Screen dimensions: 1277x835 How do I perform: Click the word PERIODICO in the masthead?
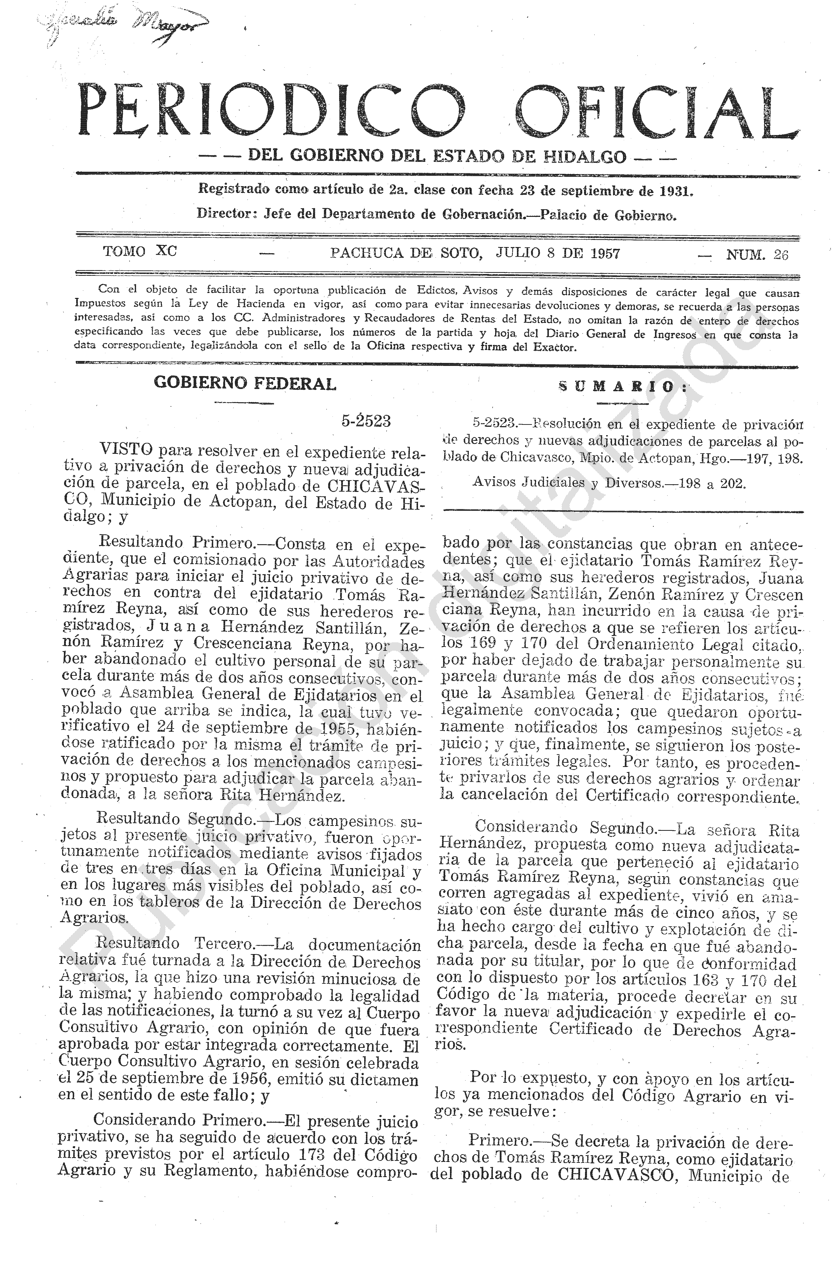click(271, 110)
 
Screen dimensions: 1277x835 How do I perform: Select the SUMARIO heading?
click(623, 387)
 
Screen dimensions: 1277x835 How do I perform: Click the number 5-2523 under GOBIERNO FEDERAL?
click(365, 421)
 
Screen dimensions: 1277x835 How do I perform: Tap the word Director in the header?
click(223, 214)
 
